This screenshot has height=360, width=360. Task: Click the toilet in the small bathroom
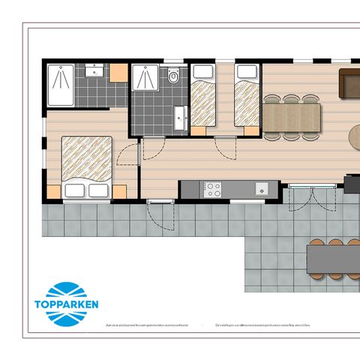point(174,76)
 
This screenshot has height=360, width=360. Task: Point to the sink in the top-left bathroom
point(94,71)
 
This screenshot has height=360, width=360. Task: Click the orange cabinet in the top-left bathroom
point(118,73)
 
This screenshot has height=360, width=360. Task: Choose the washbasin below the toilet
point(178,118)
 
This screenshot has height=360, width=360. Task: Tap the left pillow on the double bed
point(75,190)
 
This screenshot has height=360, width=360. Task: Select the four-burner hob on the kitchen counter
point(214,189)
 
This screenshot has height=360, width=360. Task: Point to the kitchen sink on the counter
point(262,188)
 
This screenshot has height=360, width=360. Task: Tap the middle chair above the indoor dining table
point(291,97)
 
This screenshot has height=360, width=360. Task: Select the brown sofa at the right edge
point(349,82)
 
